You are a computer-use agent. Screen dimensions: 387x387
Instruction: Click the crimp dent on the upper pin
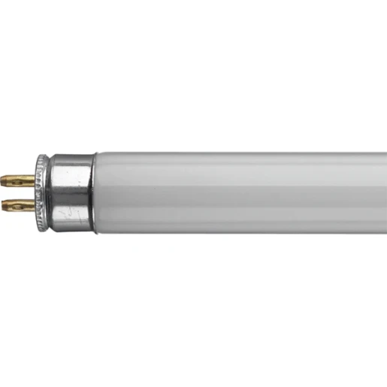point(23,180)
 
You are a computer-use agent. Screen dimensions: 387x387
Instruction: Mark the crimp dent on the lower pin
point(23,204)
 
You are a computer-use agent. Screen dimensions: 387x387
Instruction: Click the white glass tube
point(240,192)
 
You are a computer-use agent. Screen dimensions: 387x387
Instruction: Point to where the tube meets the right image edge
point(385,192)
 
